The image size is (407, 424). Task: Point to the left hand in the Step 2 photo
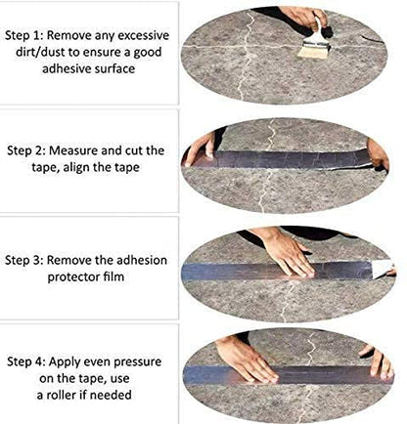point(202,148)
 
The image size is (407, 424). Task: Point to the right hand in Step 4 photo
point(374,363)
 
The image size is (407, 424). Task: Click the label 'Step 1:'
point(25,33)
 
